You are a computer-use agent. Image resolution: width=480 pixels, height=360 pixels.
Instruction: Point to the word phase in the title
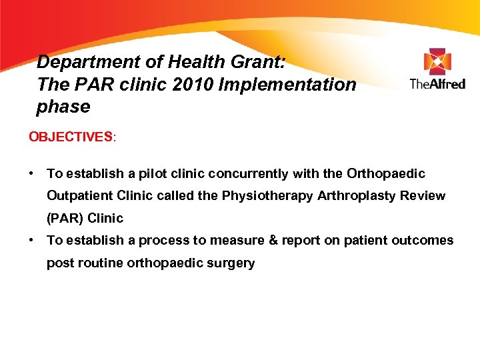click(x=63, y=107)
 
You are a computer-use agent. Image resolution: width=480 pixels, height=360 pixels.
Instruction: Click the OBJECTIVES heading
click(x=71, y=137)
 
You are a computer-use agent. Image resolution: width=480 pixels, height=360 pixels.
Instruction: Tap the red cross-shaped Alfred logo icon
click(x=437, y=61)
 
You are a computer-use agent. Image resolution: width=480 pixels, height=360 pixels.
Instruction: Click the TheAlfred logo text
click(x=437, y=84)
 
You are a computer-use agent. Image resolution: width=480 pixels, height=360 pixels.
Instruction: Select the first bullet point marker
click(x=31, y=173)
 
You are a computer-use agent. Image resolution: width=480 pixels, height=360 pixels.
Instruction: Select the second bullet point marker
click(x=31, y=240)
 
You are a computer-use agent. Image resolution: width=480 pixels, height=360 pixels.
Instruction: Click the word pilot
click(x=149, y=173)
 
